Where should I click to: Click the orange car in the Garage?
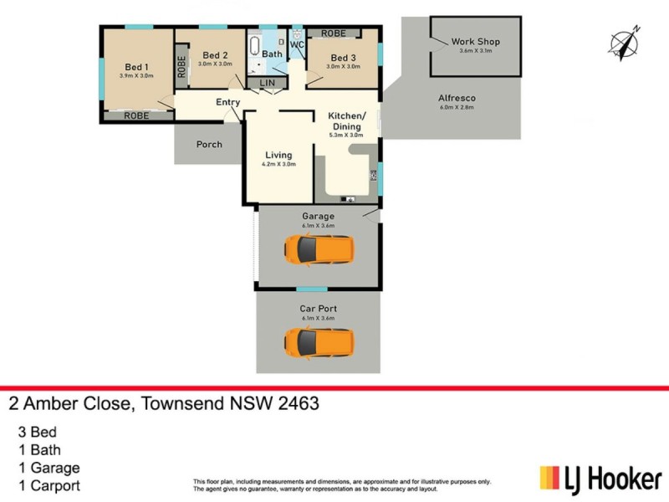(318, 248)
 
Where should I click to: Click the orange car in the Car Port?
(318, 341)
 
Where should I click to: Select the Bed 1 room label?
(137, 67)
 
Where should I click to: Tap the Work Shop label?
(474, 41)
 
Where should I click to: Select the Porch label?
(209, 144)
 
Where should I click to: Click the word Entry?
(228, 102)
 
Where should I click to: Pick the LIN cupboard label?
(268, 83)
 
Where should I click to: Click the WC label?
(297, 45)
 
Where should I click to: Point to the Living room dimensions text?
(278, 165)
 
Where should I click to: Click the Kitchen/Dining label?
(346, 120)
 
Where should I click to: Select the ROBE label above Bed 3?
(332, 33)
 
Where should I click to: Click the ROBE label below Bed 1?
(136, 116)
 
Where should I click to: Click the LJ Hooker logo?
(600, 479)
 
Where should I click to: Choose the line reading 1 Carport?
(49, 485)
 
